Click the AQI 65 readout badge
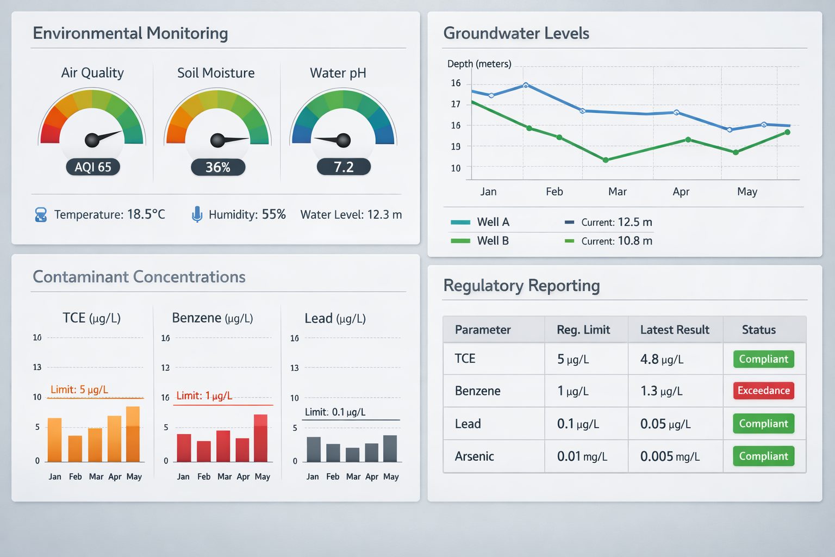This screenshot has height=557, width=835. pyautogui.click(x=92, y=167)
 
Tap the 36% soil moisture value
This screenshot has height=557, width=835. pyautogui.click(x=217, y=167)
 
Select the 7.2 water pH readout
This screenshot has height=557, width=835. pyautogui.click(x=344, y=166)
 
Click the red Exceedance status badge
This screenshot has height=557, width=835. pyautogui.click(x=763, y=391)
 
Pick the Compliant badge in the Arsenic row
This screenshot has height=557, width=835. pyautogui.click(x=763, y=456)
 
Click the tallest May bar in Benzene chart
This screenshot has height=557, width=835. pyautogui.click(x=260, y=438)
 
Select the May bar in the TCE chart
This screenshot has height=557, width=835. pyautogui.click(x=133, y=434)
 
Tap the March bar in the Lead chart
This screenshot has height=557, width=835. pyautogui.click(x=353, y=455)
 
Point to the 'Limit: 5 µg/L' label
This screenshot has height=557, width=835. pyautogui.click(x=79, y=389)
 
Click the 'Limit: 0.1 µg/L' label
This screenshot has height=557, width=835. pyautogui.click(x=335, y=412)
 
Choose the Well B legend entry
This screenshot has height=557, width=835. pyautogui.click(x=480, y=240)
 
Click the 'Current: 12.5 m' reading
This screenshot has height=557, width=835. pyautogui.click(x=616, y=222)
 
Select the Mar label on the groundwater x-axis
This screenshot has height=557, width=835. pyautogui.click(x=617, y=191)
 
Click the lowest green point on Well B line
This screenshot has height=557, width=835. pyautogui.click(x=606, y=160)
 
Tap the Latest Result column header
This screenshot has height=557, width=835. pyautogui.click(x=674, y=330)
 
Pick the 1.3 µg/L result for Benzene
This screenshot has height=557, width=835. pyautogui.click(x=661, y=391)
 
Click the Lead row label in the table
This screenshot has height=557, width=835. pyautogui.click(x=468, y=424)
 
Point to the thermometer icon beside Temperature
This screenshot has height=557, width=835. pyautogui.click(x=41, y=215)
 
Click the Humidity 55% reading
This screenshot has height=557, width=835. pyautogui.click(x=247, y=214)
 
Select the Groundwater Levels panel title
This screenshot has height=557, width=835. pyautogui.click(x=516, y=33)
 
